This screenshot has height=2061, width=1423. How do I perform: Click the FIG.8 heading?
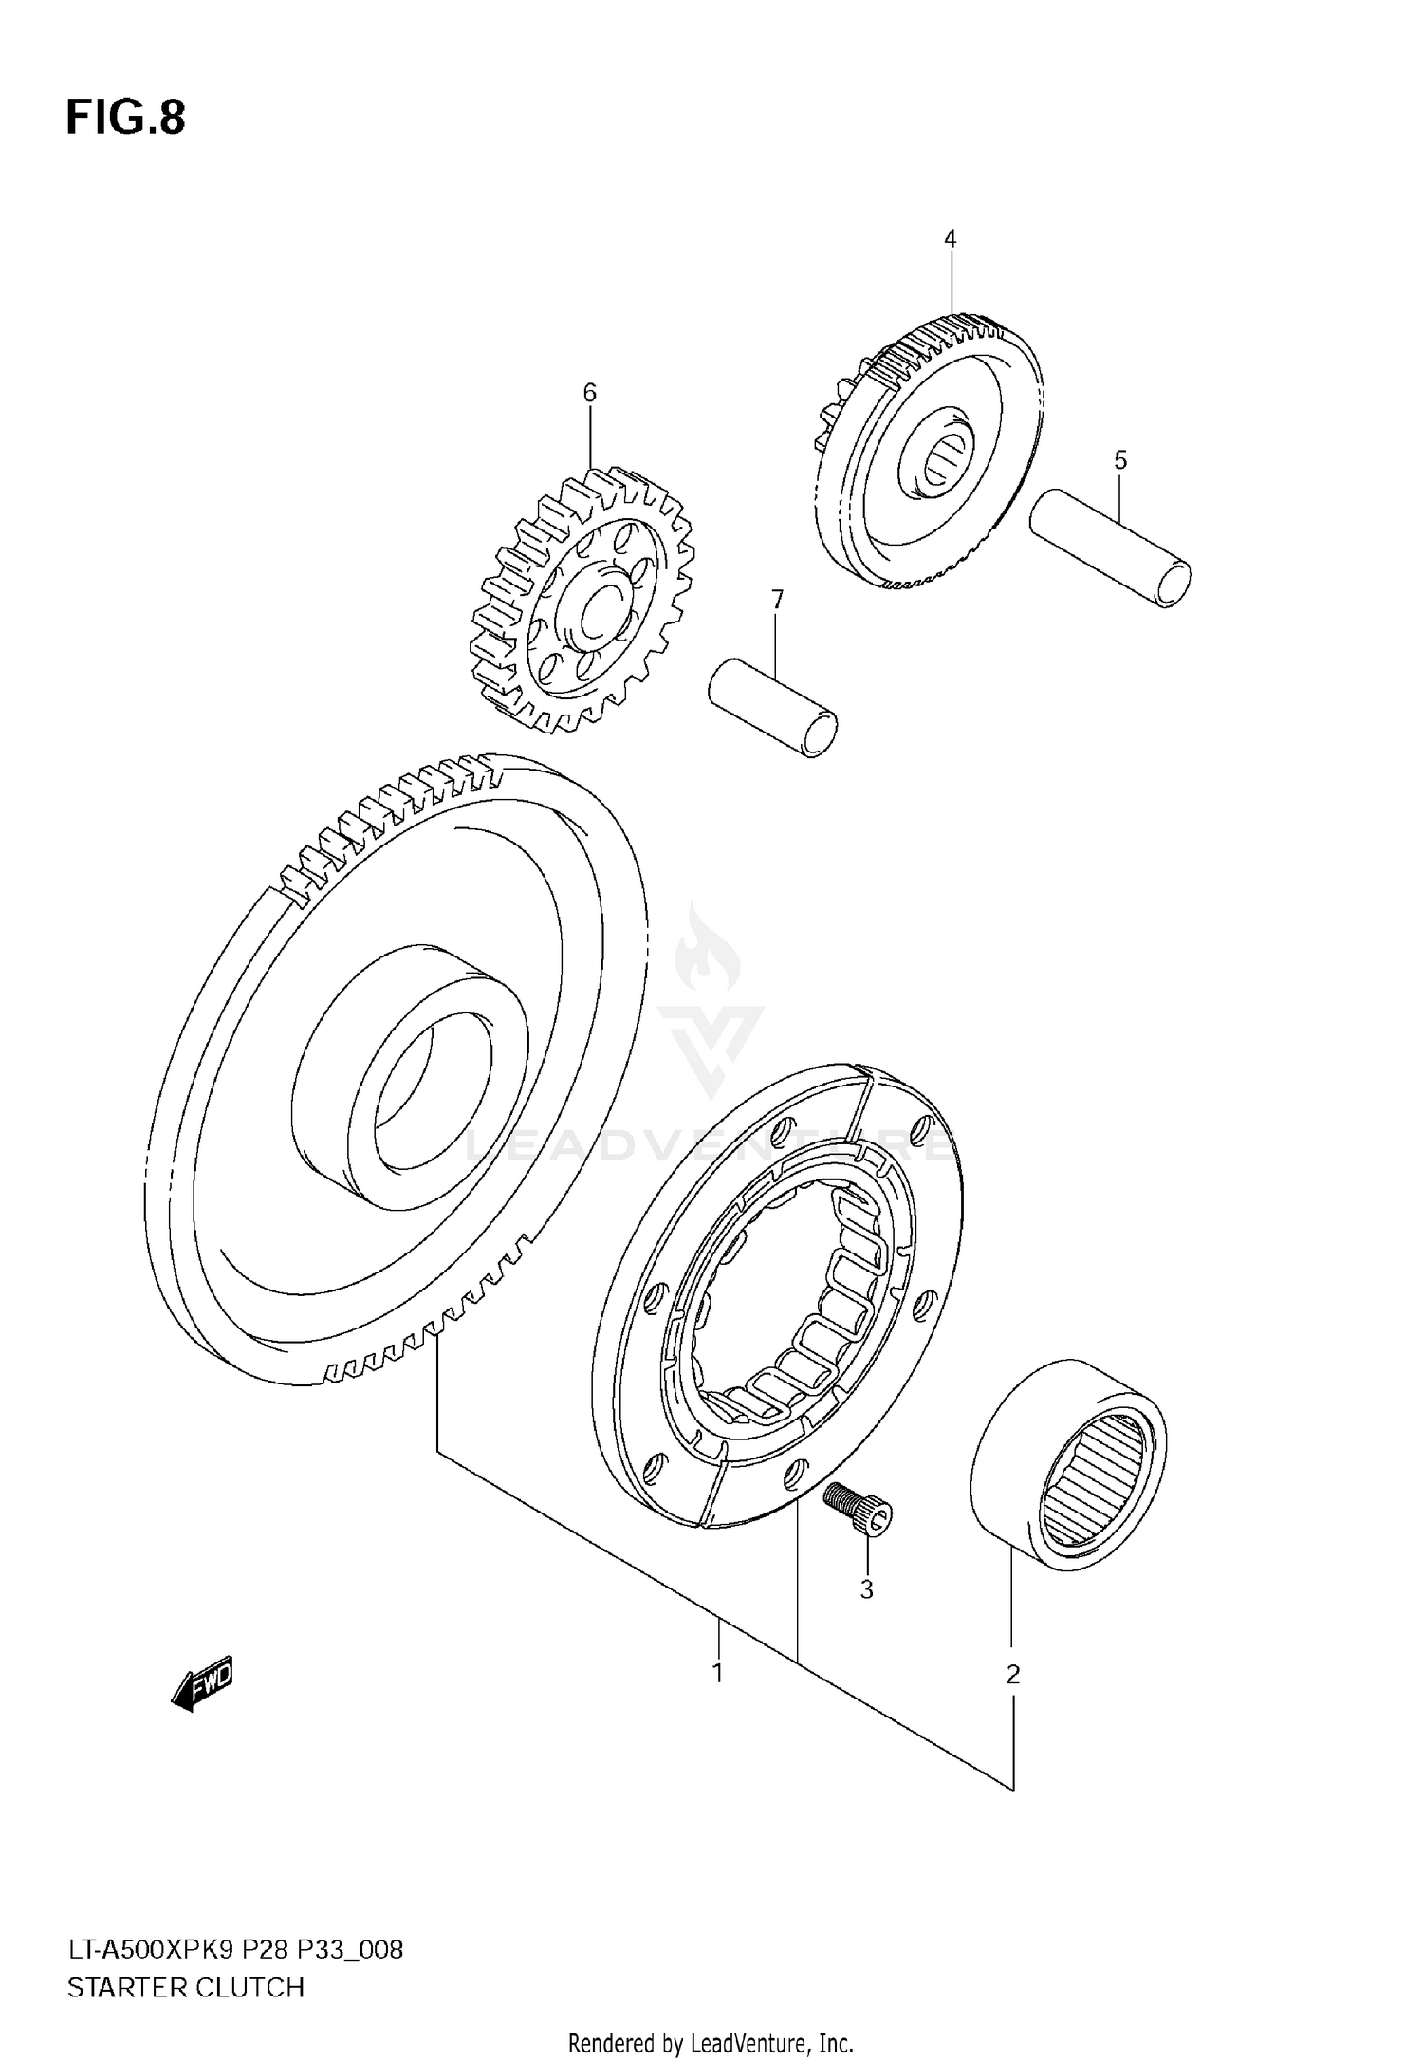125,119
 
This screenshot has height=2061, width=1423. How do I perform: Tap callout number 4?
950,239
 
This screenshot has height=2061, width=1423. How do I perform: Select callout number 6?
589,392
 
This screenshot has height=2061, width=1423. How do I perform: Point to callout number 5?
1120,461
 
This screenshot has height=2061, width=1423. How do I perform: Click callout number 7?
777,600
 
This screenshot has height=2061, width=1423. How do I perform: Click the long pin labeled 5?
1110,547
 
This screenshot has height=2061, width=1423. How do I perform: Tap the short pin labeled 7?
773,707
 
